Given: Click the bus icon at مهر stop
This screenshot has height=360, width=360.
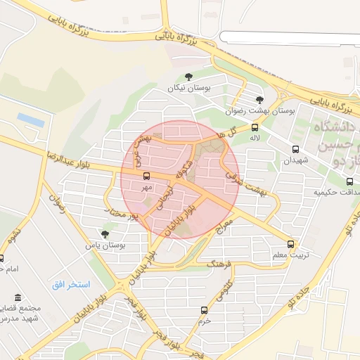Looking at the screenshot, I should (x=146, y=176).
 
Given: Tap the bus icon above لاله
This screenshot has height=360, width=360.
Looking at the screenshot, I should (x=255, y=127).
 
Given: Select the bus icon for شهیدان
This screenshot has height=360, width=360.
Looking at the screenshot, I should (x=295, y=149).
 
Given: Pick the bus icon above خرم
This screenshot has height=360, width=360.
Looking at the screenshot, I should (x=204, y=310).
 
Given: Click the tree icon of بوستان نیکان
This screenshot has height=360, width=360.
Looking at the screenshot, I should (x=188, y=77).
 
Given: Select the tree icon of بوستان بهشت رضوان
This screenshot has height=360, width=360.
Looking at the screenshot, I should (x=259, y=100).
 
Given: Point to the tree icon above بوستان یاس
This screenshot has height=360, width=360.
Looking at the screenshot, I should (x=105, y=234).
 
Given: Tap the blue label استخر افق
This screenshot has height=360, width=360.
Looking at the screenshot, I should (x=71, y=284).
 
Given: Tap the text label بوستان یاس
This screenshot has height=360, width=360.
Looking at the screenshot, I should (x=105, y=246).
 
